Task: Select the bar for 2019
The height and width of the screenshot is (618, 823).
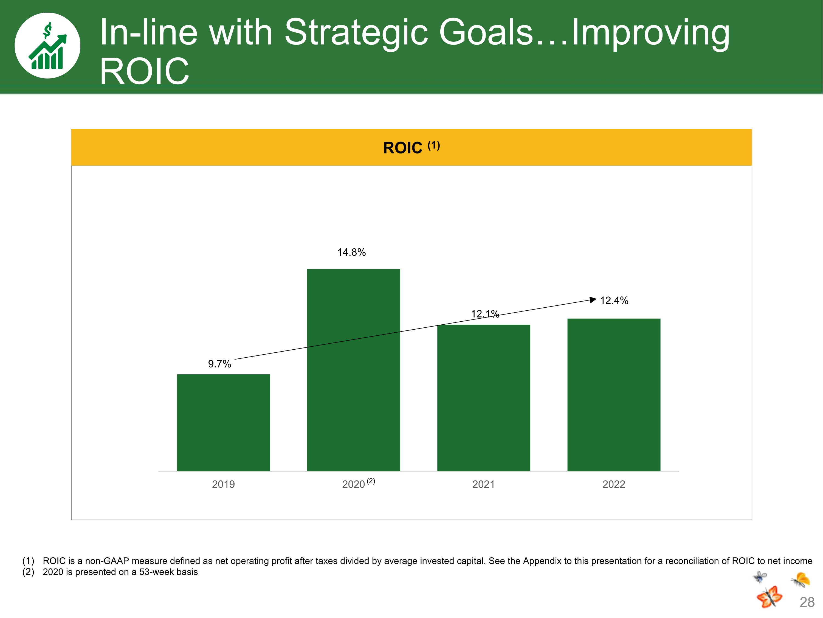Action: (223, 422)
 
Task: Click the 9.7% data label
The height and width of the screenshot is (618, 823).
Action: (219, 364)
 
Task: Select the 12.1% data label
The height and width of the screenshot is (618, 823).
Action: (485, 314)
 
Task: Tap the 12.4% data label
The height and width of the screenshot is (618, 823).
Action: (614, 300)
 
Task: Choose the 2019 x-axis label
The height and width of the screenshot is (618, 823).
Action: (223, 484)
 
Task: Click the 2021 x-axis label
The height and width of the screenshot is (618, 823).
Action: (483, 484)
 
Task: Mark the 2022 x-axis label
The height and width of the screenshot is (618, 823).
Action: (613, 484)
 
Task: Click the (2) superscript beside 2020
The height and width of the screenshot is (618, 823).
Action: (371, 481)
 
